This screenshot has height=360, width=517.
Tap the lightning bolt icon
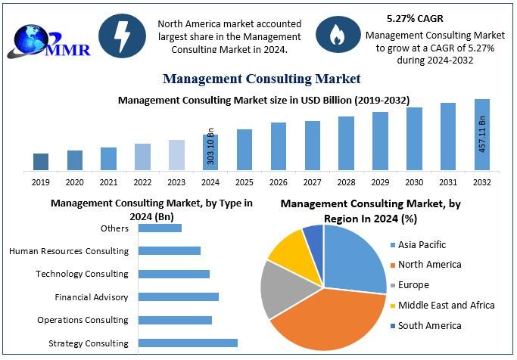(123, 35)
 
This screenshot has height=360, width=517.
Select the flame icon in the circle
(334, 35)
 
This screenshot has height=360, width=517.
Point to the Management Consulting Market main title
(261, 79)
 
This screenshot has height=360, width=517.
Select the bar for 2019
(41, 162)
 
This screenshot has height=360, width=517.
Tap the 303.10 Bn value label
(211, 151)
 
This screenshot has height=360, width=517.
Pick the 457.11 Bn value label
(482, 135)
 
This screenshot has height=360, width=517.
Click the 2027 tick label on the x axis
(313, 182)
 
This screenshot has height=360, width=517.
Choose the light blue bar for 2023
(176, 155)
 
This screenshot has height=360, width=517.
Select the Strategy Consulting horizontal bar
(188, 343)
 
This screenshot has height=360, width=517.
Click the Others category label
(114, 228)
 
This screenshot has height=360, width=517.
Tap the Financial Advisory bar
(179, 297)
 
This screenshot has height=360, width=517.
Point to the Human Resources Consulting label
(69, 251)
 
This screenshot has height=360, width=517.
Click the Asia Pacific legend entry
(422, 244)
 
